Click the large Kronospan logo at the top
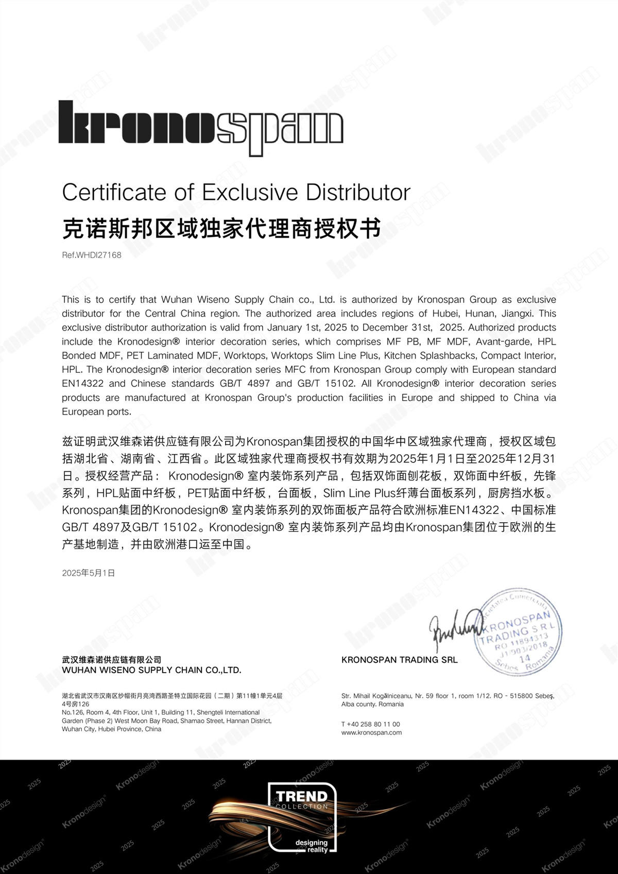pos(201,126)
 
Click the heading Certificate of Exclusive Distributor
pos(236,193)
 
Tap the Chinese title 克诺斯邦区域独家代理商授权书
pos(221,228)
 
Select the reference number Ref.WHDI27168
pos(92,255)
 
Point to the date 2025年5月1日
pos(89,573)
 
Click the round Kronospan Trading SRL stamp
pos(518,631)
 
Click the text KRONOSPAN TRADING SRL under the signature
pos(399,660)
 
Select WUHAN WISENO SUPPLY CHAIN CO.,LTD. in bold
pos(151,670)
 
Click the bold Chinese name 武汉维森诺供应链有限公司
pos(111,660)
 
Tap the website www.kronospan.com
pos(371,732)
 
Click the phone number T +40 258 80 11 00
pos(370,724)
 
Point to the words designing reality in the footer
pos(312,846)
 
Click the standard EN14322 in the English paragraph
pos(82,384)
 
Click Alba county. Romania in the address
pos(372,704)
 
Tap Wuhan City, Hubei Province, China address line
pos(111,729)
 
